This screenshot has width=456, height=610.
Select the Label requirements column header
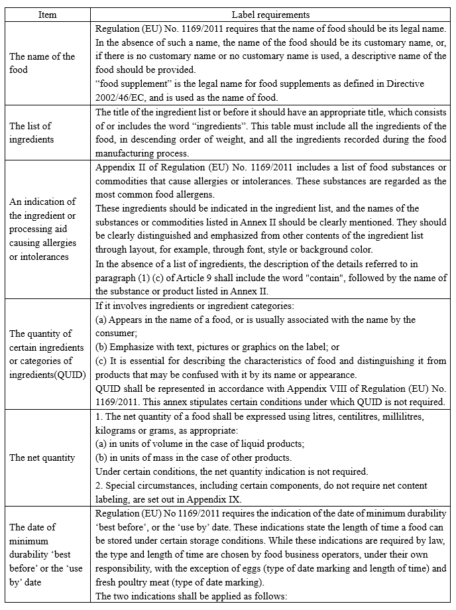pyautogui.click(x=270, y=15)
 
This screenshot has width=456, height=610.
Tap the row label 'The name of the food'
pyautogui.click(x=42, y=63)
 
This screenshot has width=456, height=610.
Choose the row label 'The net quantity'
pyautogui.click(x=42, y=457)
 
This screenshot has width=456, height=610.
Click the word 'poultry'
pyautogui.click(x=136, y=581)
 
